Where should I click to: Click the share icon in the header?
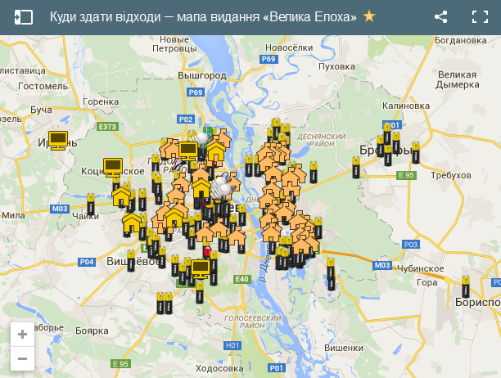click(440, 16)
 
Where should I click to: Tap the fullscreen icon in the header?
click(481, 16)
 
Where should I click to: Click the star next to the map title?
click(369, 16)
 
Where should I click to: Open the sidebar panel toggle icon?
click(24, 16)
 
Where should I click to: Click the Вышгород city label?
click(202, 75)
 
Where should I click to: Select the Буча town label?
click(41, 109)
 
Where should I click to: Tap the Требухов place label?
click(450, 176)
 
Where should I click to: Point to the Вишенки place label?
click(343, 348)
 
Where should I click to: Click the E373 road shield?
click(108, 127)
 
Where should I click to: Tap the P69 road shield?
click(269, 60)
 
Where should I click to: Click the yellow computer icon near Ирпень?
click(58, 139)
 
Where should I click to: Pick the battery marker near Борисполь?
click(464, 288)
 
